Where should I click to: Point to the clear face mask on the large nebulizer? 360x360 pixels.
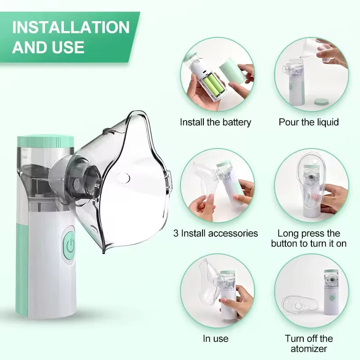(x=130, y=180)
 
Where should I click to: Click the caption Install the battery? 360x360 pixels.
(x=216, y=122)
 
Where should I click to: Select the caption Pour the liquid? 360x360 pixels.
(x=309, y=122)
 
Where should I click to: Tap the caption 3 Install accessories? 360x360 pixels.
(x=216, y=233)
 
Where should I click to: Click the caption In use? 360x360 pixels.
(x=216, y=338)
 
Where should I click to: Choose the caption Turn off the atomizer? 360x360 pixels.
(x=309, y=343)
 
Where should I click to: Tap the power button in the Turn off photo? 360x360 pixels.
(x=332, y=298)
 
